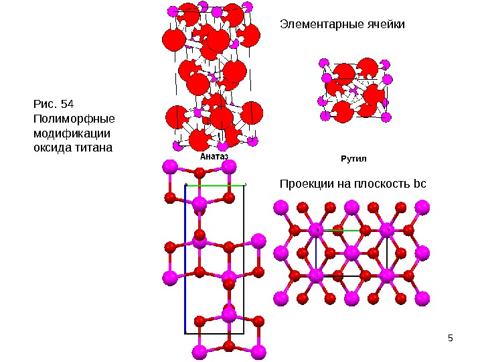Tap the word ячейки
pyautogui.click(x=384, y=25)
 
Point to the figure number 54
pyautogui.click(x=67, y=104)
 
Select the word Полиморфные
pyautogui.click(x=74, y=119)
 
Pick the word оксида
pyautogui.click(x=52, y=147)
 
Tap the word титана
pyautogui.click(x=94, y=147)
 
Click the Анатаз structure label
pyautogui.click(x=214, y=156)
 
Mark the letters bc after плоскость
pyautogui.click(x=420, y=183)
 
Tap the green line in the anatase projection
pyautogui.click(x=214, y=185)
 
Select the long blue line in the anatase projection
pyautogui.click(x=185, y=261)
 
